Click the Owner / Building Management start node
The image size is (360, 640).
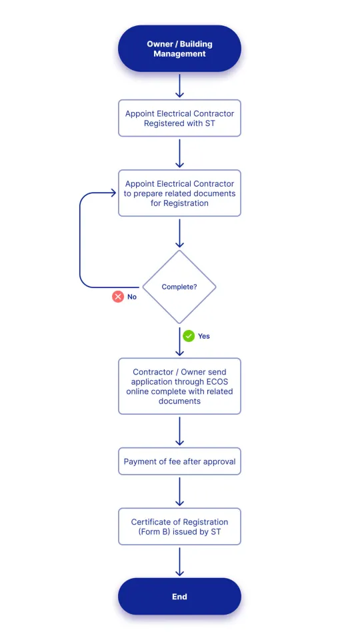[x=179, y=49]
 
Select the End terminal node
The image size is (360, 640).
[x=179, y=596]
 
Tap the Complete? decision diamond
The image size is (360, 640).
[x=179, y=287]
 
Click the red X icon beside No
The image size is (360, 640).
[x=118, y=297]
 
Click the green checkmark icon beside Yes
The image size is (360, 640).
[x=189, y=336]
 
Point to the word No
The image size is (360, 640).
[x=132, y=297]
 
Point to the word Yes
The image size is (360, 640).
[x=203, y=336]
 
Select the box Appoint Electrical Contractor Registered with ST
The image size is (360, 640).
[x=179, y=119]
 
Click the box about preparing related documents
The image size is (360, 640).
[x=179, y=193]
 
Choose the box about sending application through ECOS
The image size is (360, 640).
[x=179, y=387]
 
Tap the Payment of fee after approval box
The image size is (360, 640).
[x=179, y=461]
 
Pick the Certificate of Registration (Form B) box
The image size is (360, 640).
[x=179, y=527]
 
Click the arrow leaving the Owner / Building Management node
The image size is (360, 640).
[x=179, y=85]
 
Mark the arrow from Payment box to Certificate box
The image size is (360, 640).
[x=179, y=491]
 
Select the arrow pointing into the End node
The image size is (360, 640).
[x=179, y=561]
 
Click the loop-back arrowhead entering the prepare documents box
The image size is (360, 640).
[x=113, y=193]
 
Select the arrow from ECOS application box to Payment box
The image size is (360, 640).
[x=179, y=431]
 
